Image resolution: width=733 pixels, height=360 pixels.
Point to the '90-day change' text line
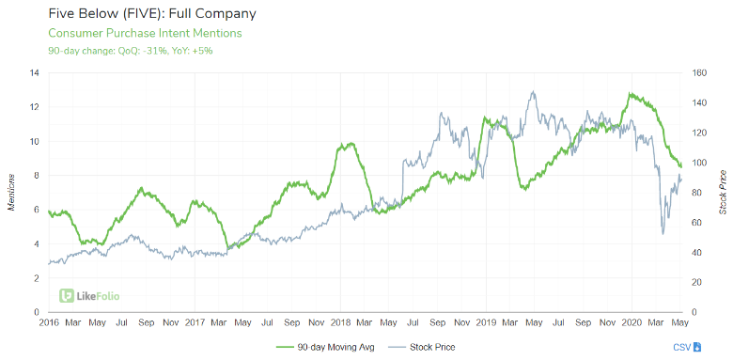point(130,50)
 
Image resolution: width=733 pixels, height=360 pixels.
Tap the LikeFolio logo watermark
point(89,295)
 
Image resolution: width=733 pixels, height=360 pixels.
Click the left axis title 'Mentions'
point(10,192)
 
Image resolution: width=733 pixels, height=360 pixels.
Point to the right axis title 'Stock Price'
point(722,192)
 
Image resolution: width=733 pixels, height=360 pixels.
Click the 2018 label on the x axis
point(340,322)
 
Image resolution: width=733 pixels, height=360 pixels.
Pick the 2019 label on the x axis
point(486,322)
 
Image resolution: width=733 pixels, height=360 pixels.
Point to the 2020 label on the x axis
point(632,322)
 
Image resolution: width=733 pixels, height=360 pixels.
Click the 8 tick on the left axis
point(35,175)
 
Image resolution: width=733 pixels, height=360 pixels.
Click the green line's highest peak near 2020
point(631,94)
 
